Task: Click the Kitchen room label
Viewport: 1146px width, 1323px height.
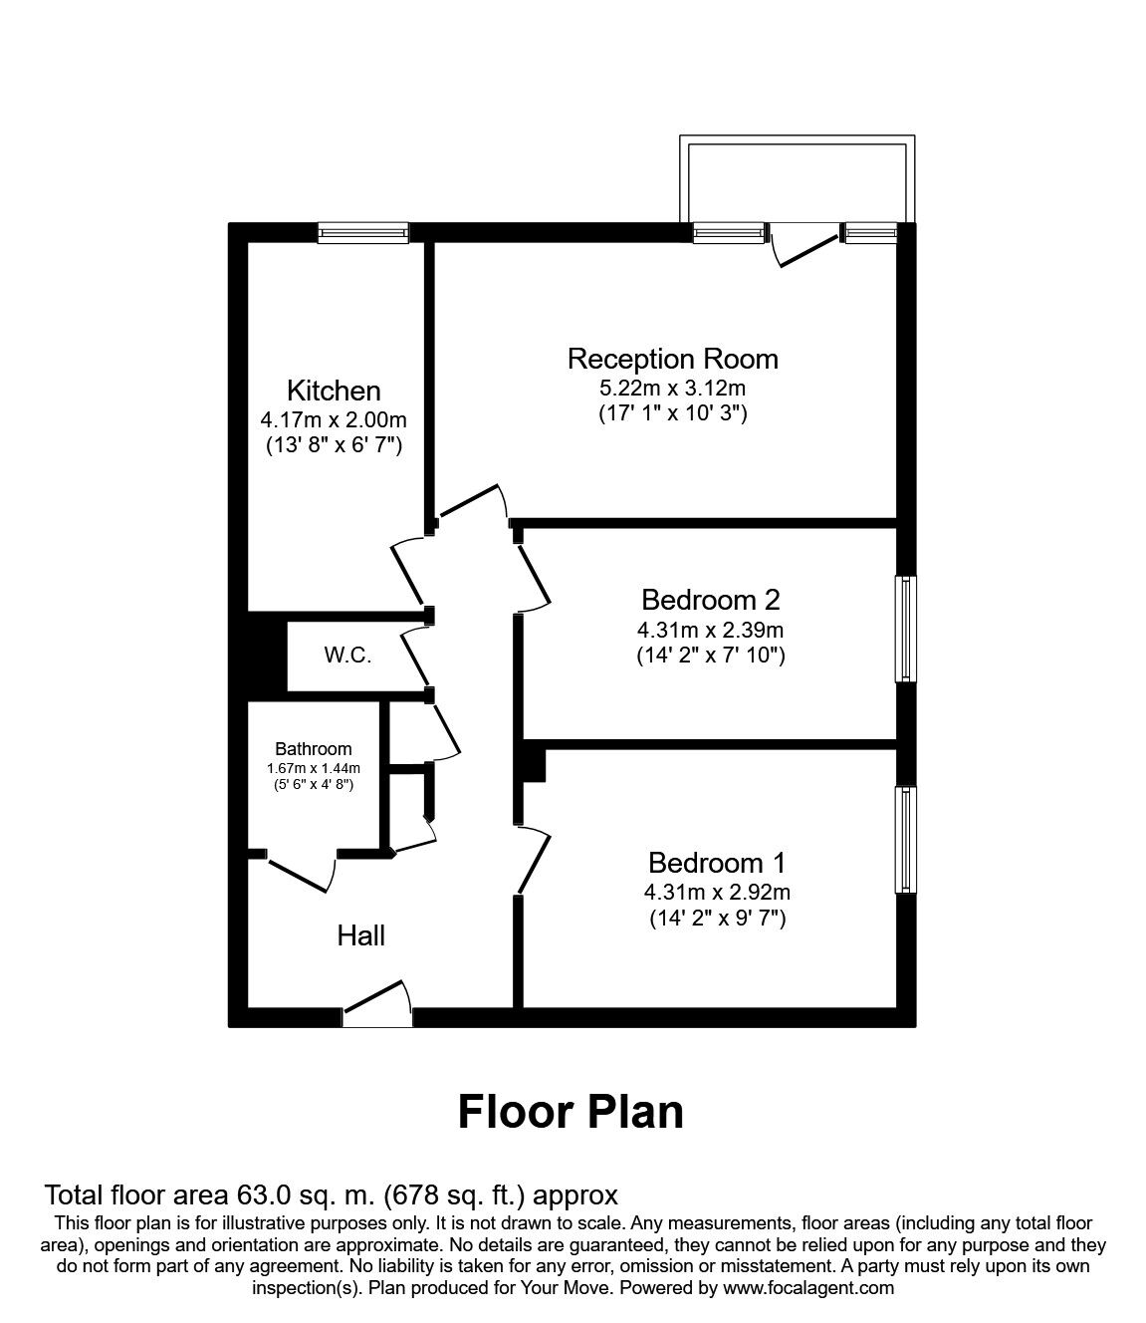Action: tap(334, 391)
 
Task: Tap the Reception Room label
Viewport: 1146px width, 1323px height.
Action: tap(672, 359)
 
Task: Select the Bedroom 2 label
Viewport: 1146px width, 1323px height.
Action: tap(710, 600)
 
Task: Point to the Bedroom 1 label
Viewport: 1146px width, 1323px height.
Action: tap(717, 862)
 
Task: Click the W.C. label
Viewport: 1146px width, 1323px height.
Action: tap(347, 656)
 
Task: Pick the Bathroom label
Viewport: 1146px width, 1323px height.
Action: tap(314, 749)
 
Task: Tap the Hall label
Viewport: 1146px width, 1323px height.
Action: tap(360, 935)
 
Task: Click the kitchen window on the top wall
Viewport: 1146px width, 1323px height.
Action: tap(363, 233)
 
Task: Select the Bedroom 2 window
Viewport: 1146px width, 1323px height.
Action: tap(905, 629)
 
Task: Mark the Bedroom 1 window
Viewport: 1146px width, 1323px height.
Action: tap(905, 840)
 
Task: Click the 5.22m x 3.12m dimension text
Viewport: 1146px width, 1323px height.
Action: tap(672, 388)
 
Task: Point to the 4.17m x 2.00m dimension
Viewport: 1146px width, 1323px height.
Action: tap(334, 420)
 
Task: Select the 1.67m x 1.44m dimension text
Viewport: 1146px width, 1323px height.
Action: tap(314, 768)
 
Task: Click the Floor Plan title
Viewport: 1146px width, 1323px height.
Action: tap(571, 1111)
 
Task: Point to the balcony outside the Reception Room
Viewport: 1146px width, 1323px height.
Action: tap(795, 179)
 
